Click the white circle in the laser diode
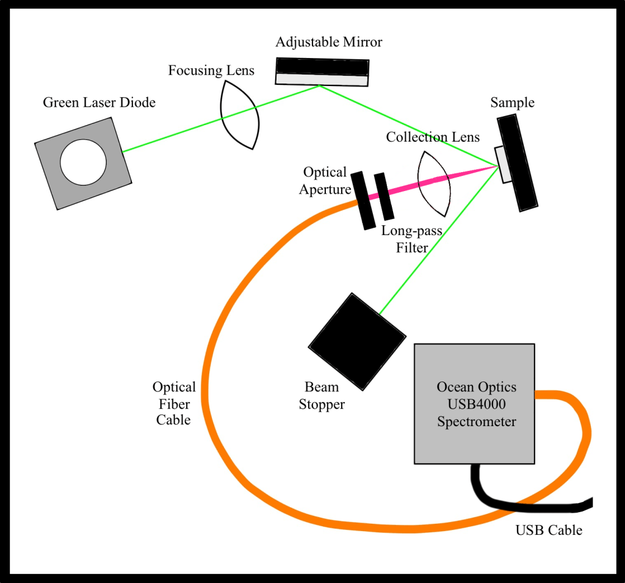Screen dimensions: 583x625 [x=83, y=162]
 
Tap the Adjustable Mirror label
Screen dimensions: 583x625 [x=328, y=42]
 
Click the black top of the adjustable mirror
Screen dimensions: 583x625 [x=322, y=66]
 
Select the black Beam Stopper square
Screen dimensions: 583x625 [x=356, y=341]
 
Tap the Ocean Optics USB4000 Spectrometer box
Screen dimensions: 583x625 [x=474, y=404]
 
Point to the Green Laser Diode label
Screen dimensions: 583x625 [x=99, y=103]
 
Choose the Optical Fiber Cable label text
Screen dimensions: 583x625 [x=174, y=404]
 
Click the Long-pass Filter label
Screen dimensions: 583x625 [x=411, y=239]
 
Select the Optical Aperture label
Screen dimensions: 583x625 [x=325, y=181]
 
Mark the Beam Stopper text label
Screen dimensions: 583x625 [x=322, y=396]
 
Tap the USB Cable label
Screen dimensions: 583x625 [x=549, y=530]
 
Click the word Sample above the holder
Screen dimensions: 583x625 [x=512, y=103]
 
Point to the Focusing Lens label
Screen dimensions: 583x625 [x=211, y=70]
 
